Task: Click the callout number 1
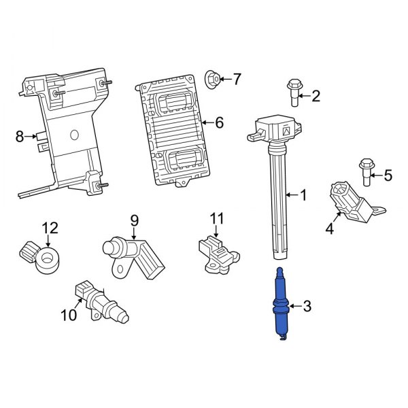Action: click(x=303, y=195)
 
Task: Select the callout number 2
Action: click(x=315, y=96)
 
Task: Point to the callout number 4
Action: click(x=329, y=228)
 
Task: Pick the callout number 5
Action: click(x=388, y=175)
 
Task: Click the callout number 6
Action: click(x=219, y=123)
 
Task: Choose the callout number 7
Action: click(x=236, y=80)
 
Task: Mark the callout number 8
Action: click(x=20, y=137)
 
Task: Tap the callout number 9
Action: click(x=134, y=220)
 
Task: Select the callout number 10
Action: click(x=69, y=315)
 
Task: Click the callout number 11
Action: click(x=216, y=218)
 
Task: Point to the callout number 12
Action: click(x=50, y=227)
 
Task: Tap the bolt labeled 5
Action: click(x=367, y=171)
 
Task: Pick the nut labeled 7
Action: click(x=212, y=80)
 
